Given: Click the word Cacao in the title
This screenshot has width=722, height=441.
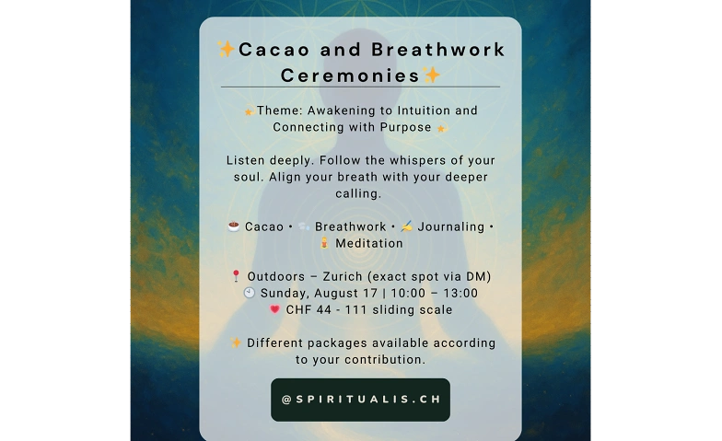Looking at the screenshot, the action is coord(274,50).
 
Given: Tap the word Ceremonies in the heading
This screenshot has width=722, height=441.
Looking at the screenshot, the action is coord(350,75).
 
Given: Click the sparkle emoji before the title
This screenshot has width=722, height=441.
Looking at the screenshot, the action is coord(227,49).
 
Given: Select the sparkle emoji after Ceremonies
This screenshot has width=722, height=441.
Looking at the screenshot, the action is coord(431,75).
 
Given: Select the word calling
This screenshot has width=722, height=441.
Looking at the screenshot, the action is coord(358,193).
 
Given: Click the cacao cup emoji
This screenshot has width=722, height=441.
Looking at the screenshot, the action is coord(234,226).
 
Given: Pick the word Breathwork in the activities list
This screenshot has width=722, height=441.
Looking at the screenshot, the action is coord(350,226).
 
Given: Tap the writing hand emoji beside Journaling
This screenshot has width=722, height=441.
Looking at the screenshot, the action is coord(406,226).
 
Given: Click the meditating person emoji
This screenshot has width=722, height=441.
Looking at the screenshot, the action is coord(324,243).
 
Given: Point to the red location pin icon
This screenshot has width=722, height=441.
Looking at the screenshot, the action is coord(236,276).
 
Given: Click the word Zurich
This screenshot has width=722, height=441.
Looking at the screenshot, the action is coord(343,276).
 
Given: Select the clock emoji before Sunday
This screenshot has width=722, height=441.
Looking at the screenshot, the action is coord(249,293).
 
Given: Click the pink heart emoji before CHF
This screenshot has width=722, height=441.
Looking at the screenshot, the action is coord(274,309).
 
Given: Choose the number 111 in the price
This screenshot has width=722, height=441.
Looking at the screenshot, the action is coord(355,309).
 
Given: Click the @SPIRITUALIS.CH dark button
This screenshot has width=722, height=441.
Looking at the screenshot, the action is coord(361,400).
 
